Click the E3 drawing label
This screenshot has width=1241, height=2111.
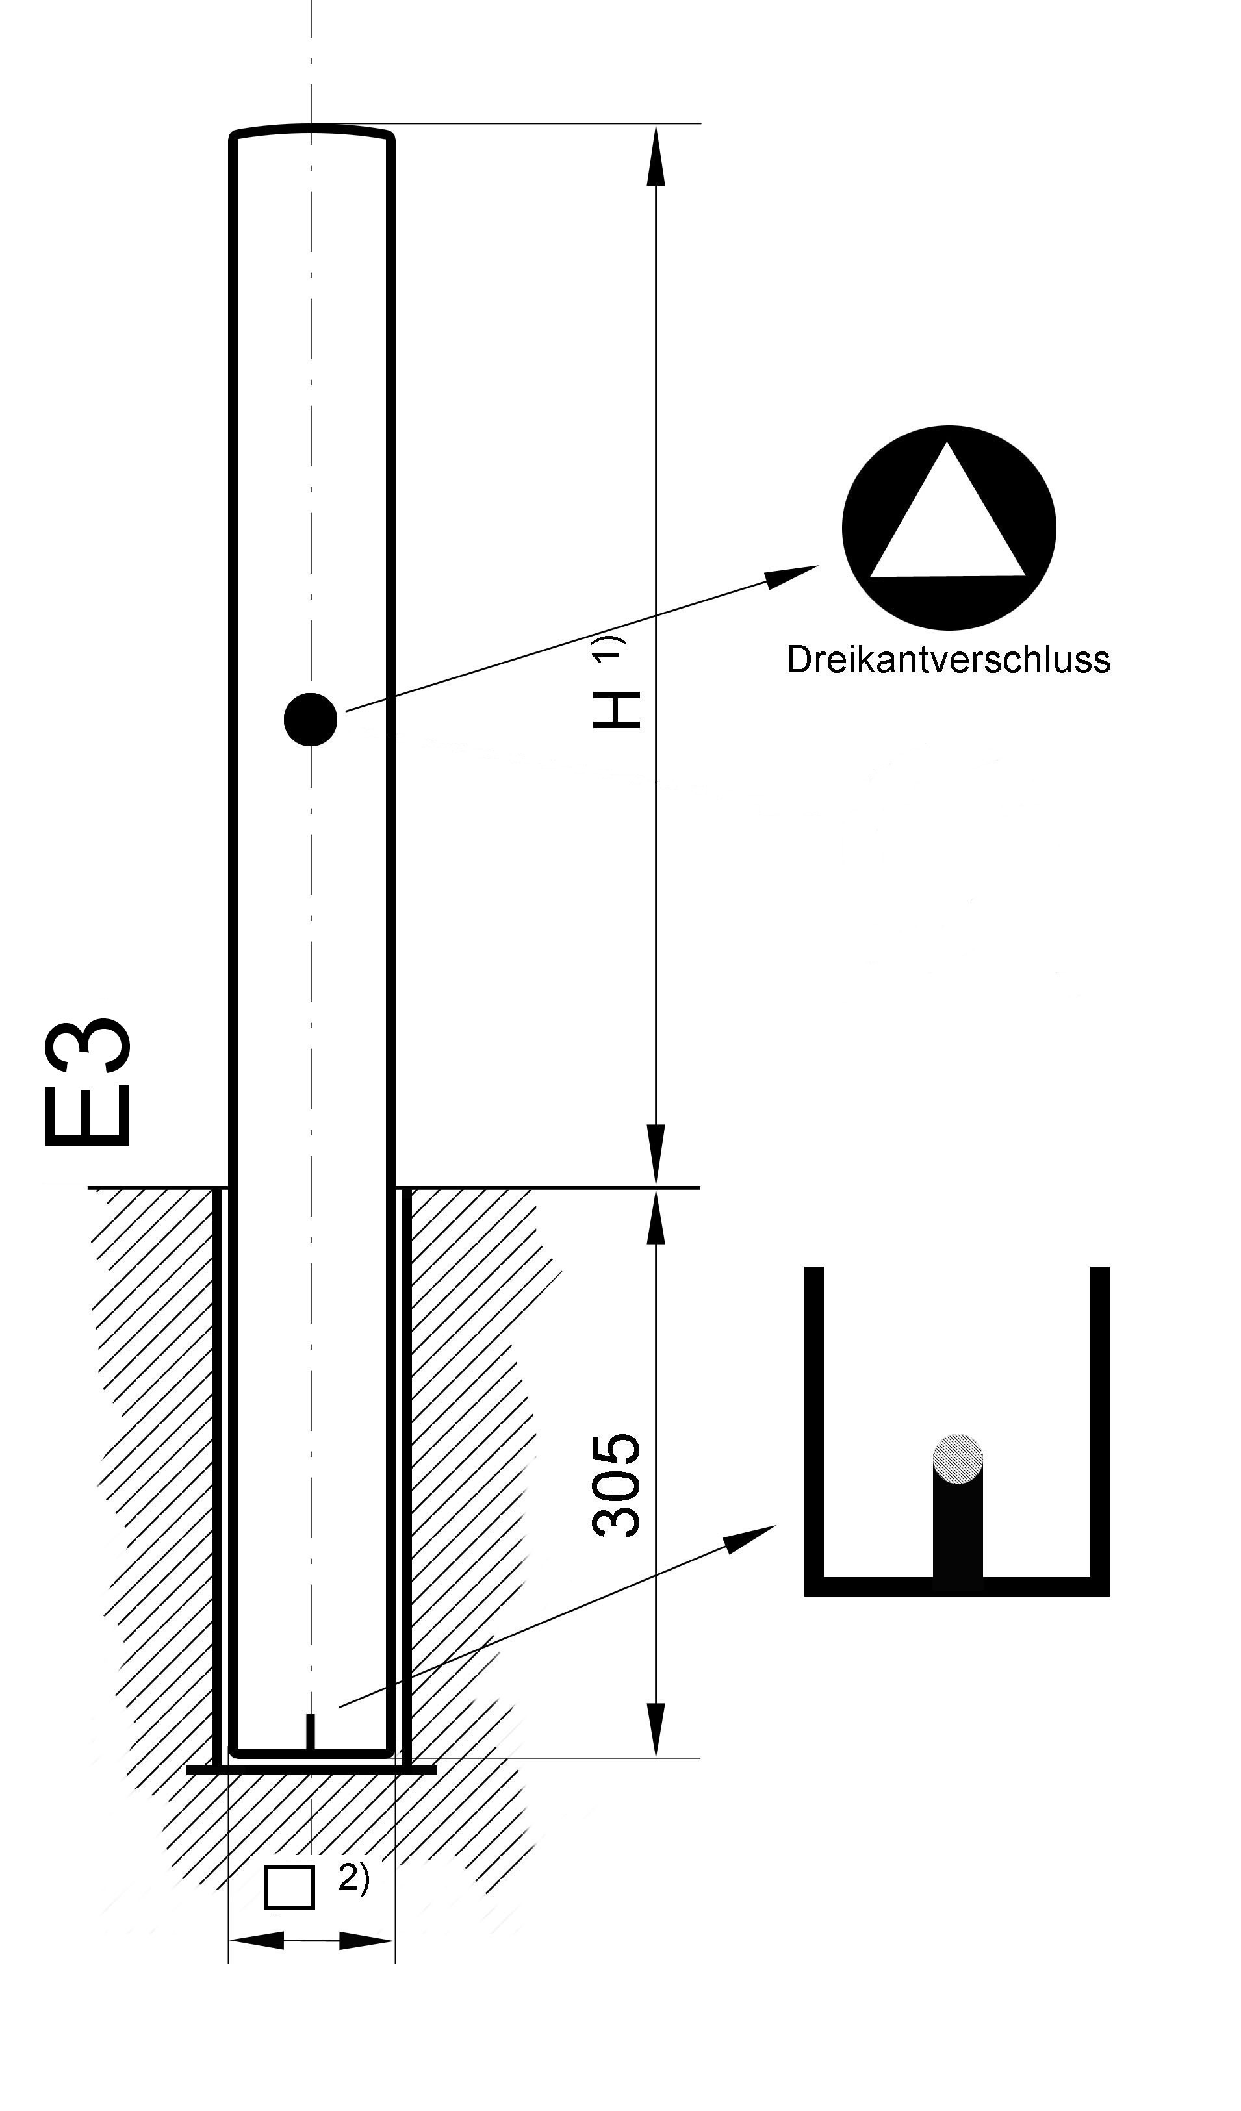(x=87, y=1081)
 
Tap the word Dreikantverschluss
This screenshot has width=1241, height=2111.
(x=948, y=660)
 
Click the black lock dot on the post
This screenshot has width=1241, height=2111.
(x=311, y=719)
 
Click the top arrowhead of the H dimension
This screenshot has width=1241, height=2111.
(x=656, y=155)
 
